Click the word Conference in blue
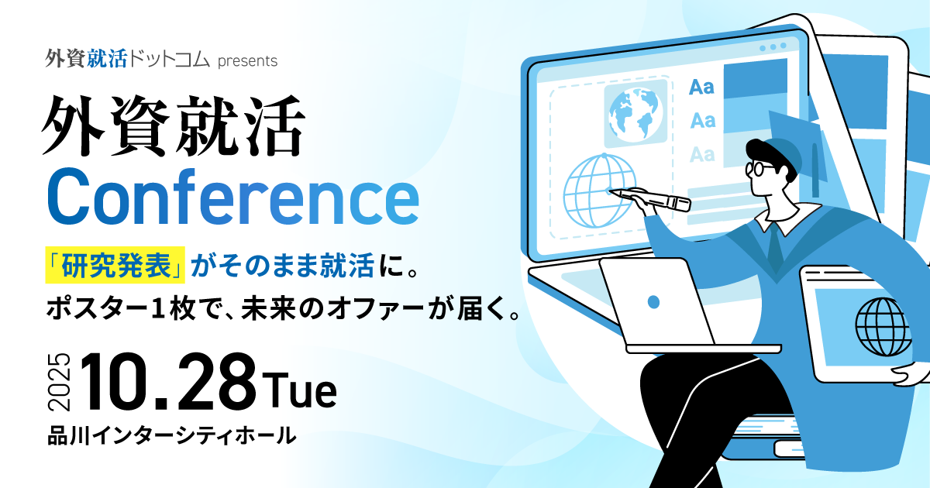[x=233, y=197]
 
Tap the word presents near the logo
[x=247, y=61]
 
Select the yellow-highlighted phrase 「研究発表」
[x=115, y=265]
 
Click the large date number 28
[x=217, y=382]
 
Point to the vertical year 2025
[x=60, y=382]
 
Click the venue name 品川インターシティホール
[x=172, y=435]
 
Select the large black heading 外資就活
[x=174, y=125]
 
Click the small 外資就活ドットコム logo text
[x=127, y=59]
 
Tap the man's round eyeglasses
[x=759, y=169]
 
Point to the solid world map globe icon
[x=633, y=115]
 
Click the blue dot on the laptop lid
[x=653, y=301]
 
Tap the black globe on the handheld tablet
[x=883, y=328]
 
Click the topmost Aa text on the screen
[x=701, y=87]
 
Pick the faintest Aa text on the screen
[x=702, y=154]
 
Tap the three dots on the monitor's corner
[x=773, y=47]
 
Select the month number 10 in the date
[x=119, y=382]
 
